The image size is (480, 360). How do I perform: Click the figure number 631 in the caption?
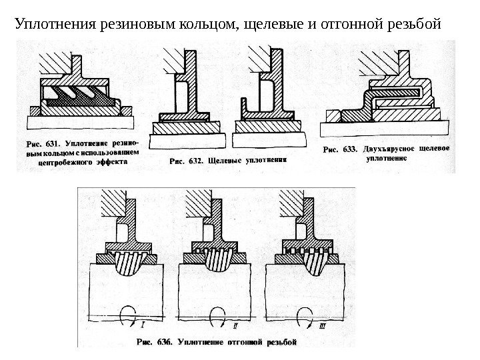pyautogui.click(x=53, y=142)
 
